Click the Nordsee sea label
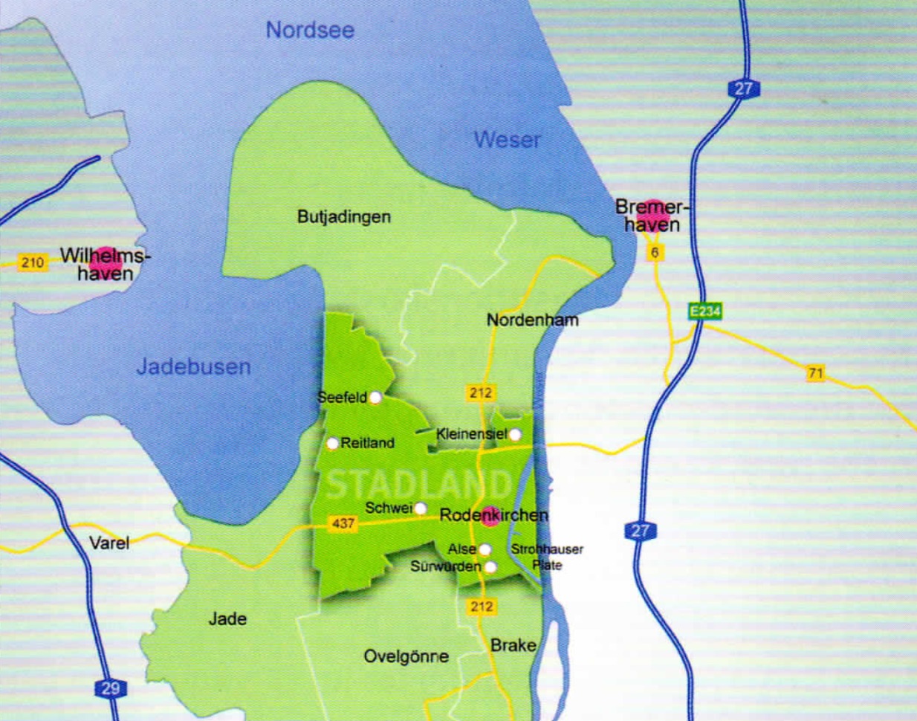(x=310, y=30)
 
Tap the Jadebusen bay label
(x=193, y=366)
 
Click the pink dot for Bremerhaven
(x=652, y=216)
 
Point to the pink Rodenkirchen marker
(x=490, y=516)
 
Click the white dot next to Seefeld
(x=376, y=398)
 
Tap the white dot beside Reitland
(x=333, y=444)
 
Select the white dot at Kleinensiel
(x=516, y=434)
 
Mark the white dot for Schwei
(x=421, y=508)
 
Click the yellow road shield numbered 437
(x=343, y=524)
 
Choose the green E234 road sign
(x=704, y=311)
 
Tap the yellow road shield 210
(x=33, y=262)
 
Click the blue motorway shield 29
(x=110, y=688)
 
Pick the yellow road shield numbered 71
(x=816, y=373)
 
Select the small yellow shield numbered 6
(x=655, y=253)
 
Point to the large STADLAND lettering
(x=418, y=485)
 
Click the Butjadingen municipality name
(x=344, y=217)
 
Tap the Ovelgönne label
(x=406, y=656)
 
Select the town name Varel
(x=109, y=543)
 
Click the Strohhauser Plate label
(x=547, y=557)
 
